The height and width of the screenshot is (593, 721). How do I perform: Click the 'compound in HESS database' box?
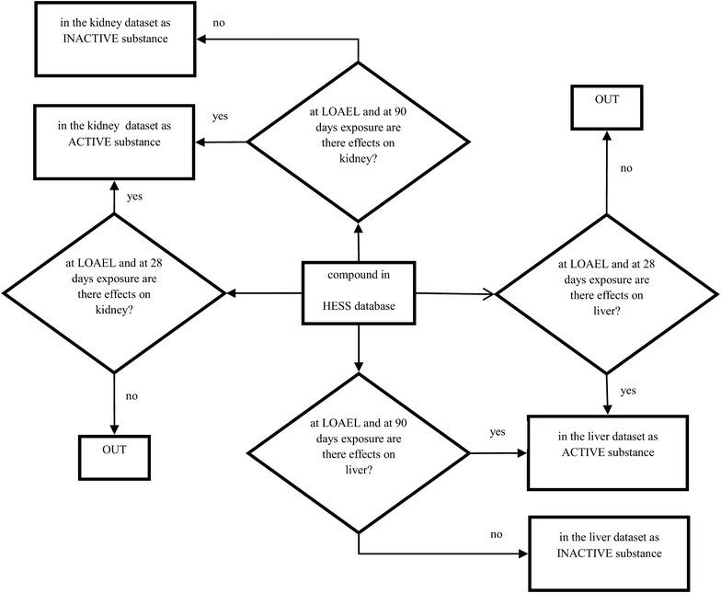coord(358,291)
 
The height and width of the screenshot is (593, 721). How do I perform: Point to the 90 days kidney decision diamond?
coord(358,142)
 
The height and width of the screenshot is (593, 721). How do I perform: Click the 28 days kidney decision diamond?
coord(114,293)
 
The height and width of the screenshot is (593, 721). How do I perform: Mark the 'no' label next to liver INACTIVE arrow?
coord(497,533)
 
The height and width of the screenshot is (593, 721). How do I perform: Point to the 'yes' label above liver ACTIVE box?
coord(627,391)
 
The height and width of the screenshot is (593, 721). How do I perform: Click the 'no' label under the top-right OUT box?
coord(625,169)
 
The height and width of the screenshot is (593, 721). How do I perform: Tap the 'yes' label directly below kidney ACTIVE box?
coord(133,197)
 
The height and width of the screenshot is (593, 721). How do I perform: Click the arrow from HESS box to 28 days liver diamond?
coord(455,293)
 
